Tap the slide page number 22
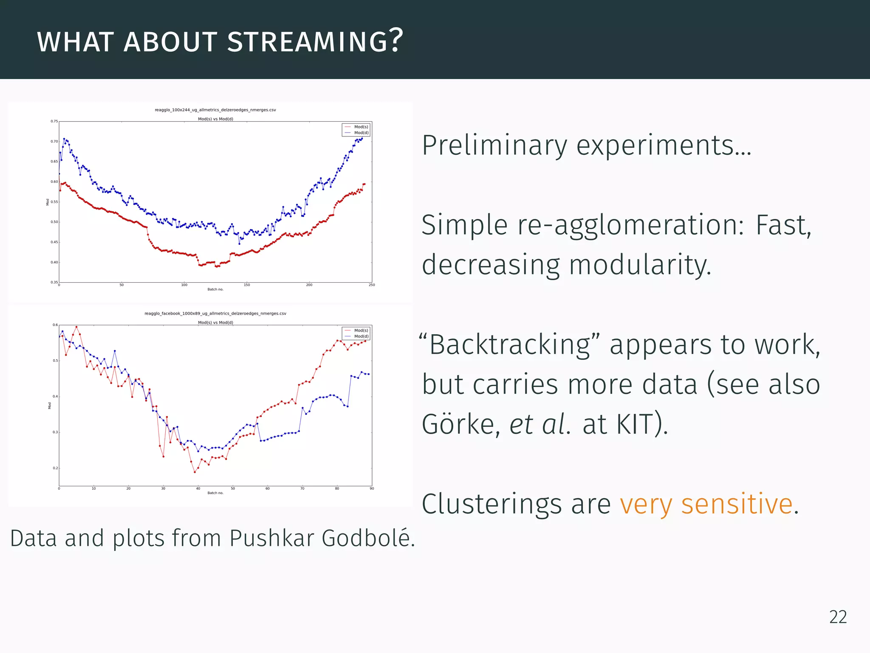pyautogui.click(x=838, y=617)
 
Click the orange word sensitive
pyautogui.click(x=737, y=504)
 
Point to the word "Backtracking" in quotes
pyautogui.click(x=509, y=344)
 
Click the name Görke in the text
pyautogui.click(x=460, y=424)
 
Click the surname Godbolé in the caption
pyautogui.click(x=368, y=538)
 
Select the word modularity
pyautogui.click(x=640, y=265)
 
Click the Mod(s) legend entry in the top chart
pyautogui.click(x=361, y=127)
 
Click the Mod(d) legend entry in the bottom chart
pyautogui.click(x=361, y=336)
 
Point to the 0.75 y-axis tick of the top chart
pyautogui.click(x=54, y=121)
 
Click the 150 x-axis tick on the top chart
pyautogui.click(x=247, y=285)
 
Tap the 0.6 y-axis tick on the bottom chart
pyautogui.click(x=55, y=325)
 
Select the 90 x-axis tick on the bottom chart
pyautogui.click(x=372, y=488)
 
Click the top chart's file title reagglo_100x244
pyautogui.click(x=215, y=110)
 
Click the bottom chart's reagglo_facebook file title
pyautogui.click(x=215, y=313)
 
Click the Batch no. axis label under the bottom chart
pyautogui.click(x=215, y=493)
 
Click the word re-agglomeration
pyautogui.click(x=630, y=225)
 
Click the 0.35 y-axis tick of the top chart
pyautogui.click(x=54, y=282)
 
